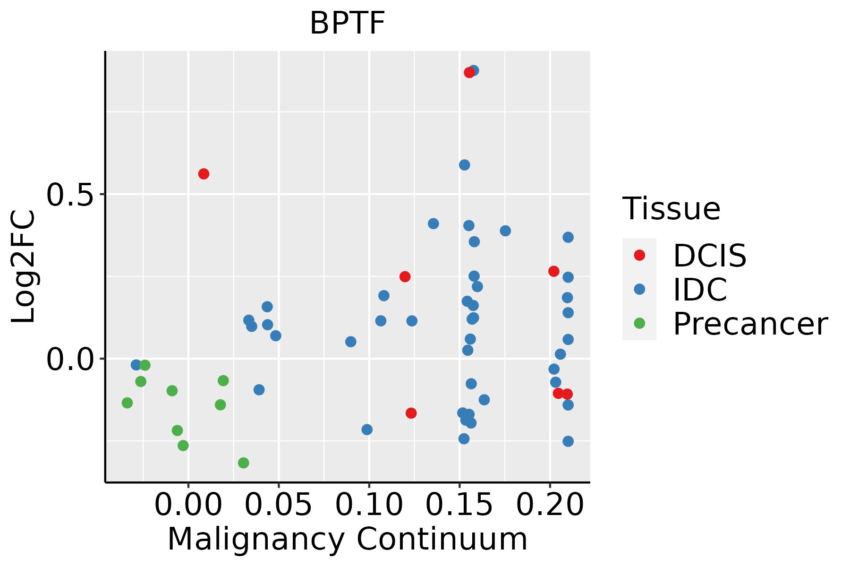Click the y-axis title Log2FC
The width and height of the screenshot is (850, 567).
(24, 267)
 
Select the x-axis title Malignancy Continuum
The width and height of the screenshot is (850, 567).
(347, 539)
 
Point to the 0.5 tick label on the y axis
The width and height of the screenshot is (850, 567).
(69, 194)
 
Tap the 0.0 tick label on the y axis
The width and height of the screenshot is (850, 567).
(69, 359)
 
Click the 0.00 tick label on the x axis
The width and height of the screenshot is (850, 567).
(188, 505)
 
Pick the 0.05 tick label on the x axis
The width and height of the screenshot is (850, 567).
(279, 505)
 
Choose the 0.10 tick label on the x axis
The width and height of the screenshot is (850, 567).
(369, 505)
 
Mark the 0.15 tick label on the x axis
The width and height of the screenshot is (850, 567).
(459, 505)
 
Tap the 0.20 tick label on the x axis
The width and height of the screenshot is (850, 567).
(550, 505)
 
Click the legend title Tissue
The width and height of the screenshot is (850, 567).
(671, 208)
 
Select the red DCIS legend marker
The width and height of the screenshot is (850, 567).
(639, 255)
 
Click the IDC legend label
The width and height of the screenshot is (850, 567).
(700, 290)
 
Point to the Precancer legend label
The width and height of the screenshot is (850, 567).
(750, 324)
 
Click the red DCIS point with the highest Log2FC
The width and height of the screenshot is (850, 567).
(469, 72)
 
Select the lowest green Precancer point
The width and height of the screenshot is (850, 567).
(243, 463)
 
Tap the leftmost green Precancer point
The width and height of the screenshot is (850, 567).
(127, 403)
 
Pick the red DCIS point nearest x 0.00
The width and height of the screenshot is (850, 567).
(204, 174)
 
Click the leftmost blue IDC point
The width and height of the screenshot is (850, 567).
(136, 365)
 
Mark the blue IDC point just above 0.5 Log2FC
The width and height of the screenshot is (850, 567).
(464, 165)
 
